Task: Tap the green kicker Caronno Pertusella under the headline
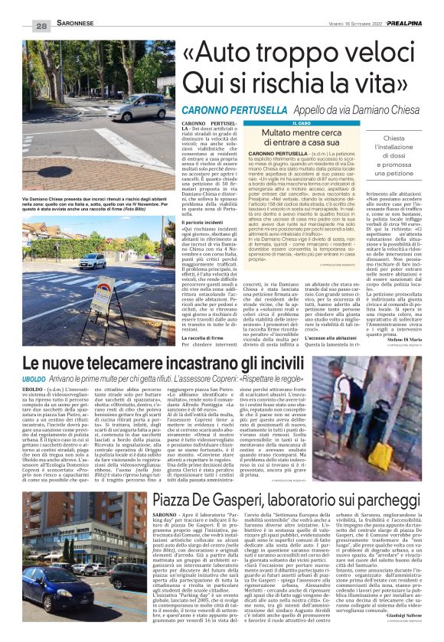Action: point(230,111)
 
